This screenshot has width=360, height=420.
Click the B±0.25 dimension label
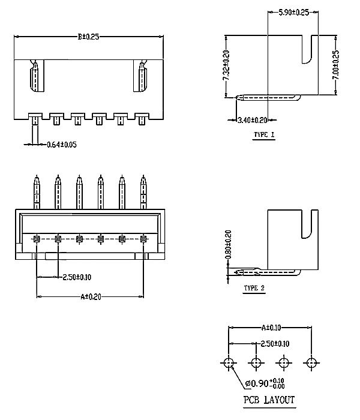[x=88, y=36]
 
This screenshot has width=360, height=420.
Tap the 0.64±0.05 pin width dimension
[x=62, y=145]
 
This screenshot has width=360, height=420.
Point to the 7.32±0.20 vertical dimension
[x=226, y=66]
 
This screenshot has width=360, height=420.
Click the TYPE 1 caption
[x=264, y=135]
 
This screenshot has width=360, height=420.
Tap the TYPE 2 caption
[x=254, y=288]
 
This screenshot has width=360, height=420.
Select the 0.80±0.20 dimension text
[x=227, y=247]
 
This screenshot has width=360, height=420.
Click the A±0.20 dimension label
[x=90, y=296]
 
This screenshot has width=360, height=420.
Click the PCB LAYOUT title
[x=269, y=400]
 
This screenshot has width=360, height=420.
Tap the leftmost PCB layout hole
[x=229, y=362]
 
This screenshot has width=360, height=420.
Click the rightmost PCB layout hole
[x=311, y=362]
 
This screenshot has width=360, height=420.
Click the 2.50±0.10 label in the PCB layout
[x=274, y=344]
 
